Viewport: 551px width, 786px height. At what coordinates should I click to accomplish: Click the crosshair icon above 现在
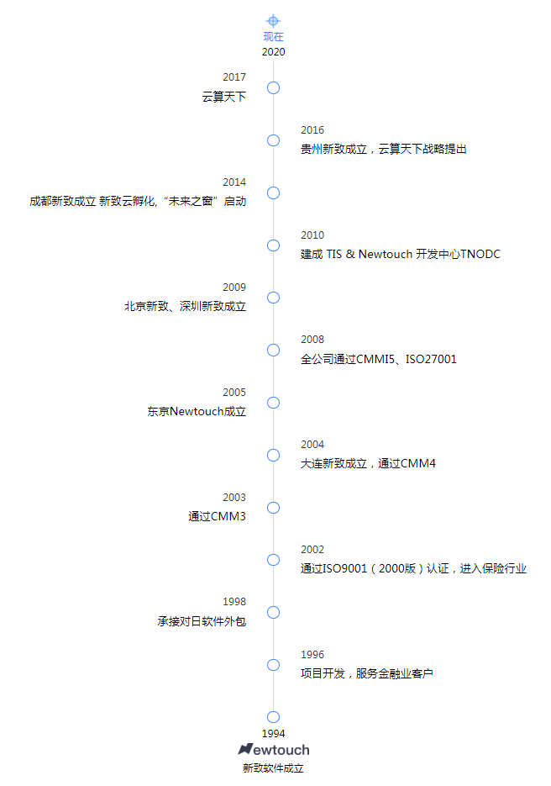pos(273,20)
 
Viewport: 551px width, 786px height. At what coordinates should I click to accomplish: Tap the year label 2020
pos(274,52)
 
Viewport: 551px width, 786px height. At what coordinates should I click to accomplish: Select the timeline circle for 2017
pos(273,88)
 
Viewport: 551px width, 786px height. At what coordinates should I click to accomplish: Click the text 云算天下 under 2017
pos(224,97)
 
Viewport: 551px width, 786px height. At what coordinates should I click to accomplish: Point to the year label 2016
pos(312,129)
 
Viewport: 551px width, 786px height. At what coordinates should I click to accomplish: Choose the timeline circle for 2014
pos(273,193)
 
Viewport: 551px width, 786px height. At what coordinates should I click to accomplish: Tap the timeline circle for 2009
pos(273,298)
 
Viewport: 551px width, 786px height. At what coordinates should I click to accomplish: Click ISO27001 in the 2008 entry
pos(431,359)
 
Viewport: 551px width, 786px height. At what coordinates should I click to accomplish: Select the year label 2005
pos(234,392)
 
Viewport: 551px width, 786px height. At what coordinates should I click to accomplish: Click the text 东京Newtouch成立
pos(197,412)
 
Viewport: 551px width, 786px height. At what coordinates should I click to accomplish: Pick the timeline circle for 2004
pos(273,455)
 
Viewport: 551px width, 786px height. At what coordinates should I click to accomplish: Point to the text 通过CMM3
pos(217,516)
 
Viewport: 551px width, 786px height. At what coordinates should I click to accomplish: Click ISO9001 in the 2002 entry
pos(344,568)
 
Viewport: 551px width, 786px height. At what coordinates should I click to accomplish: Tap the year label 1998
pos(234,602)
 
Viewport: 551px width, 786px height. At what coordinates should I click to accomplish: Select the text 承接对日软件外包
pos(202,621)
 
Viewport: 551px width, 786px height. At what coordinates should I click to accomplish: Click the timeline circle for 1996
pos(273,665)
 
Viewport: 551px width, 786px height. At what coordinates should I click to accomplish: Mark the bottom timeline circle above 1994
pos(273,717)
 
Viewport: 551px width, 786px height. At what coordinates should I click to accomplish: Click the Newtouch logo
pos(274,750)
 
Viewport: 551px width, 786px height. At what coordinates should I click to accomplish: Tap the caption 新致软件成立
pos(273,768)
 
